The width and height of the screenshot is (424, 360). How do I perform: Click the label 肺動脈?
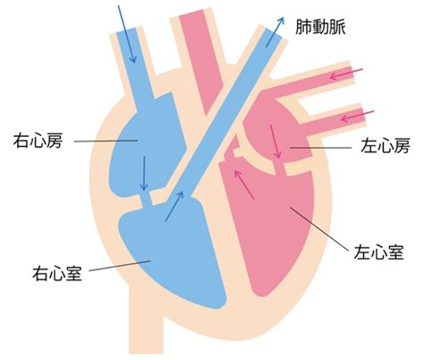pyautogui.click(x=320, y=27)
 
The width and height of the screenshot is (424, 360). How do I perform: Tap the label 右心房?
pyautogui.click(x=38, y=141)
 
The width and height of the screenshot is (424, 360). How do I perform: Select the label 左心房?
pyautogui.click(x=386, y=145)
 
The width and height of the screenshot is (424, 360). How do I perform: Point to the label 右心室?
pyautogui.click(x=57, y=273)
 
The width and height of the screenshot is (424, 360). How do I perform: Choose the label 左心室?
pyautogui.click(x=378, y=253)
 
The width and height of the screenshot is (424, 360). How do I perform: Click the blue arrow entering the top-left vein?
pyautogui.click(x=127, y=34)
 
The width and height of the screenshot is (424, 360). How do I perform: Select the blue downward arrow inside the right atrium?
pyautogui.click(x=144, y=174)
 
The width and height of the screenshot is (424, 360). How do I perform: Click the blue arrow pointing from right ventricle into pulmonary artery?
pyautogui.click(x=174, y=206)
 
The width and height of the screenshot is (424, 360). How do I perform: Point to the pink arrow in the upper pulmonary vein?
pyautogui.click(x=346, y=74)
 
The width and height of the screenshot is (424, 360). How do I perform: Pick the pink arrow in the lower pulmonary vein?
pyautogui.click(x=357, y=116)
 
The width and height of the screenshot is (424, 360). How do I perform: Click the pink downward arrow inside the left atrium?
pyautogui.click(x=276, y=141)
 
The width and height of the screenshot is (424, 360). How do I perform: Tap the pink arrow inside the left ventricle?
pyautogui.click(x=244, y=184)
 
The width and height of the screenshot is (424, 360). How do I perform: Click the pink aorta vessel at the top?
pyautogui.click(x=200, y=60)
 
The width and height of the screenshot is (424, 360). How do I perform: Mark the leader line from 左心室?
pyautogui.click(x=319, y=229)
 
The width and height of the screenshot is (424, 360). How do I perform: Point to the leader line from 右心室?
pyautogui.click(x=120, y=266)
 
